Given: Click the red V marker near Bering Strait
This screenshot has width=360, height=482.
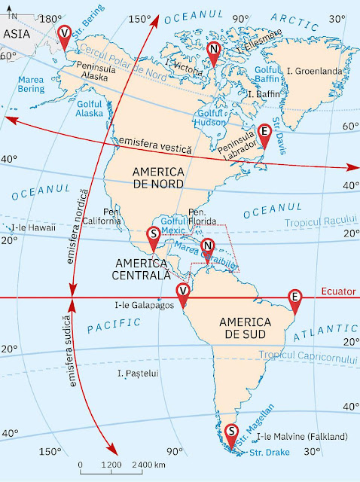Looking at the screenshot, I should pos(65,34).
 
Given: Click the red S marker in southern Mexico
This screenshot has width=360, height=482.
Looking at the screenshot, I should pos(154,235).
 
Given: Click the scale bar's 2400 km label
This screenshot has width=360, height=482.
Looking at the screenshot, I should pos(148,465).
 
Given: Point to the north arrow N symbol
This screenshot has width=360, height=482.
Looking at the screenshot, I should pos(13,11).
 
